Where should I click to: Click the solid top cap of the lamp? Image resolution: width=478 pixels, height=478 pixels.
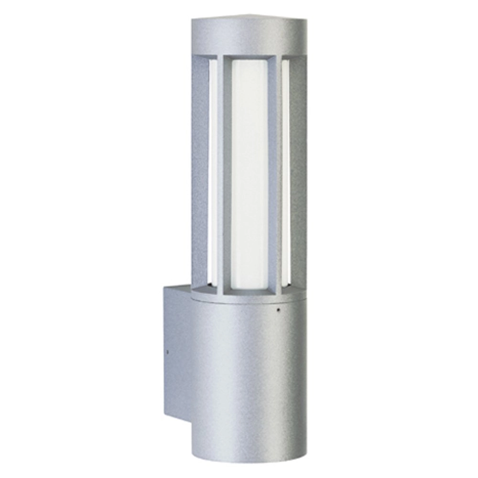click(x=249, y=36)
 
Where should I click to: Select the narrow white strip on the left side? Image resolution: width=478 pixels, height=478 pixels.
click(x=213, y=172)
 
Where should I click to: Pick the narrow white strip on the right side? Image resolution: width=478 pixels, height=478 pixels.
click(x=285, y=172)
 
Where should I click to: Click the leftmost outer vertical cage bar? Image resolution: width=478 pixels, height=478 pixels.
click(x=199, y=172)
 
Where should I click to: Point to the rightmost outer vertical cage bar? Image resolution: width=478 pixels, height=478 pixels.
click(x=298, y=172)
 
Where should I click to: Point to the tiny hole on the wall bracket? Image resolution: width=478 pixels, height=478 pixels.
click(x=167, y=352)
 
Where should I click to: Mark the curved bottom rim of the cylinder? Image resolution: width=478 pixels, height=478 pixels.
click(x=249, y=460)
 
